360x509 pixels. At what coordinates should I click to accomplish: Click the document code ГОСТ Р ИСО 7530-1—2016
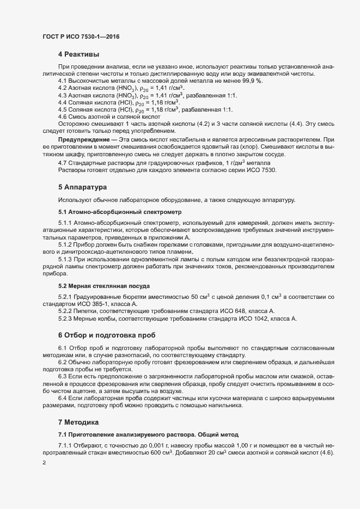[x=81, y=37]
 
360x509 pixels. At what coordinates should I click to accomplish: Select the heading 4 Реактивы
[x=78, y=54]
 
